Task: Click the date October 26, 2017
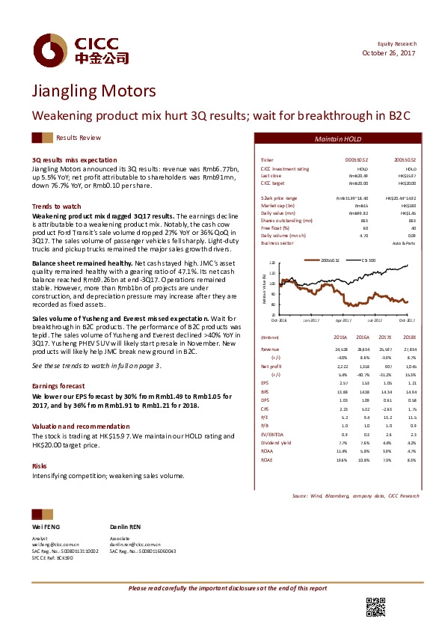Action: [389, 52]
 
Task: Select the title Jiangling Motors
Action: [94, 91]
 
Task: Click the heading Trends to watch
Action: [56, 206]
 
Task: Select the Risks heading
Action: [39, 465]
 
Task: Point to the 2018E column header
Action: [409, 337]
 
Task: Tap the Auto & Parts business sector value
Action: [405, 243]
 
